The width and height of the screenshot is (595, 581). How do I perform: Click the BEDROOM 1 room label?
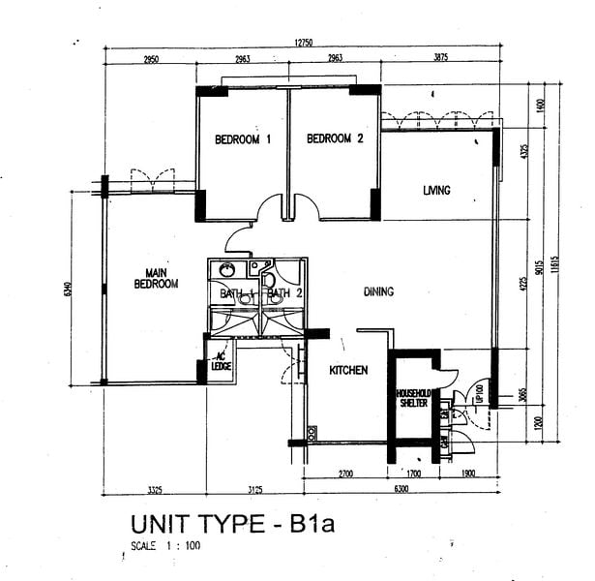[242, 139]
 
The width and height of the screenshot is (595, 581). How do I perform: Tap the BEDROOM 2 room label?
[335, 139]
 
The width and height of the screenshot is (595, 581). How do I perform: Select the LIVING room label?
[436, 191]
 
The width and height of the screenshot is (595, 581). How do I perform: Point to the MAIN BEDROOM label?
[156, 279]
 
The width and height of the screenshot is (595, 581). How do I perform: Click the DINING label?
[378, 291]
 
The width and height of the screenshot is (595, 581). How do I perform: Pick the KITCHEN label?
[348, 370]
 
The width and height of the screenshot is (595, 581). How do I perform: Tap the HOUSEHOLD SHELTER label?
[412, 398]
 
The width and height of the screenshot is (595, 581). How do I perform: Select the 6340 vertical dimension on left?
[67, 288]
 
